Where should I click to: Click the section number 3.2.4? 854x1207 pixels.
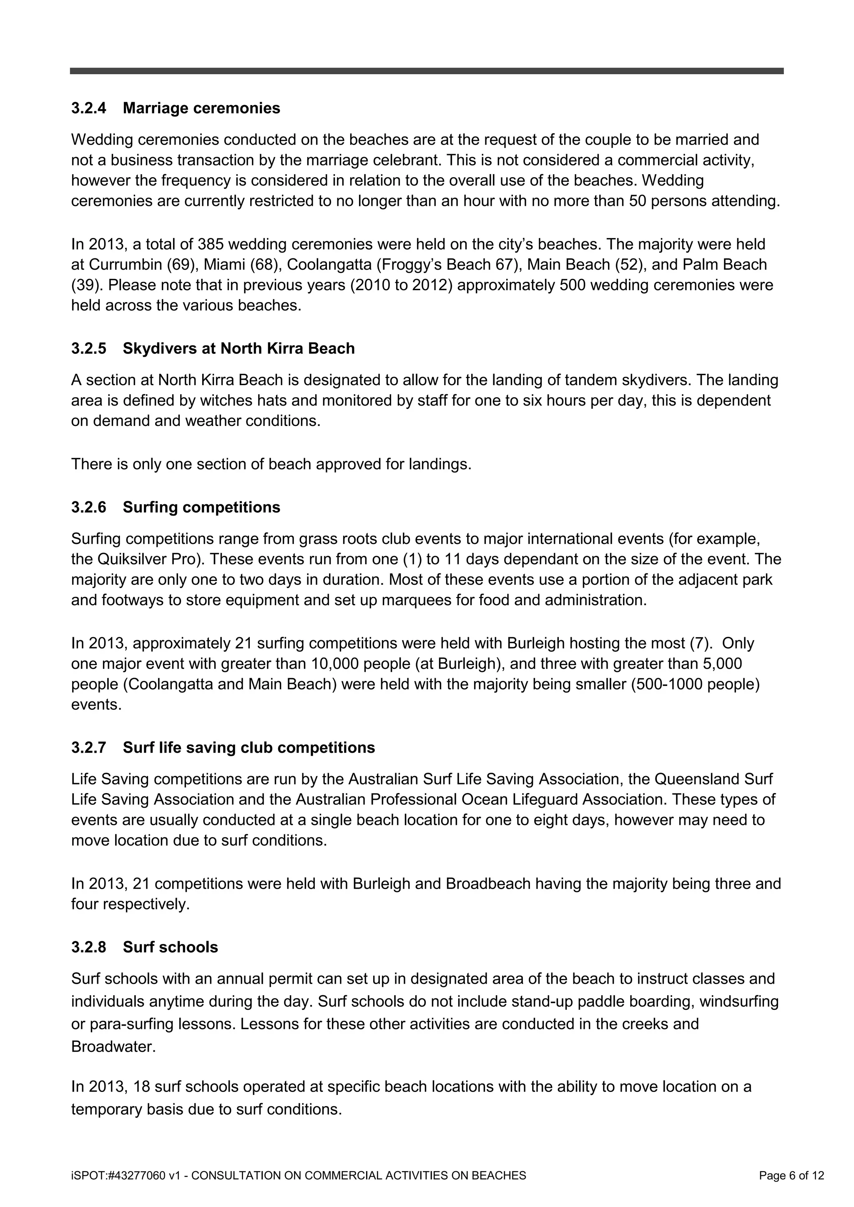[x=88, y=108]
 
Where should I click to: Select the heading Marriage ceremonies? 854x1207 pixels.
[x=201, y=108]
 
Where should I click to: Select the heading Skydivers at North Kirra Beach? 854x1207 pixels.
[x=239, y=348]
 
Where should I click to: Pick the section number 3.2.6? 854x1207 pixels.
[x=88, y=507]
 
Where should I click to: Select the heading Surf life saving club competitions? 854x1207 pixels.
[x=249, y=748]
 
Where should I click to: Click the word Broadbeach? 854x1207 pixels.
[x=488, y=884]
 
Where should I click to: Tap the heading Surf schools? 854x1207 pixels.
[x=171, y=947]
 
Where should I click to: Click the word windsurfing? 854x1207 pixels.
[x=741, y=1001]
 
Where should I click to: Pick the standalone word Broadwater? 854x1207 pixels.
[x=113, y=1047]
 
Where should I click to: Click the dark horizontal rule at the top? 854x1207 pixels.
[x=427, y=71]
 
